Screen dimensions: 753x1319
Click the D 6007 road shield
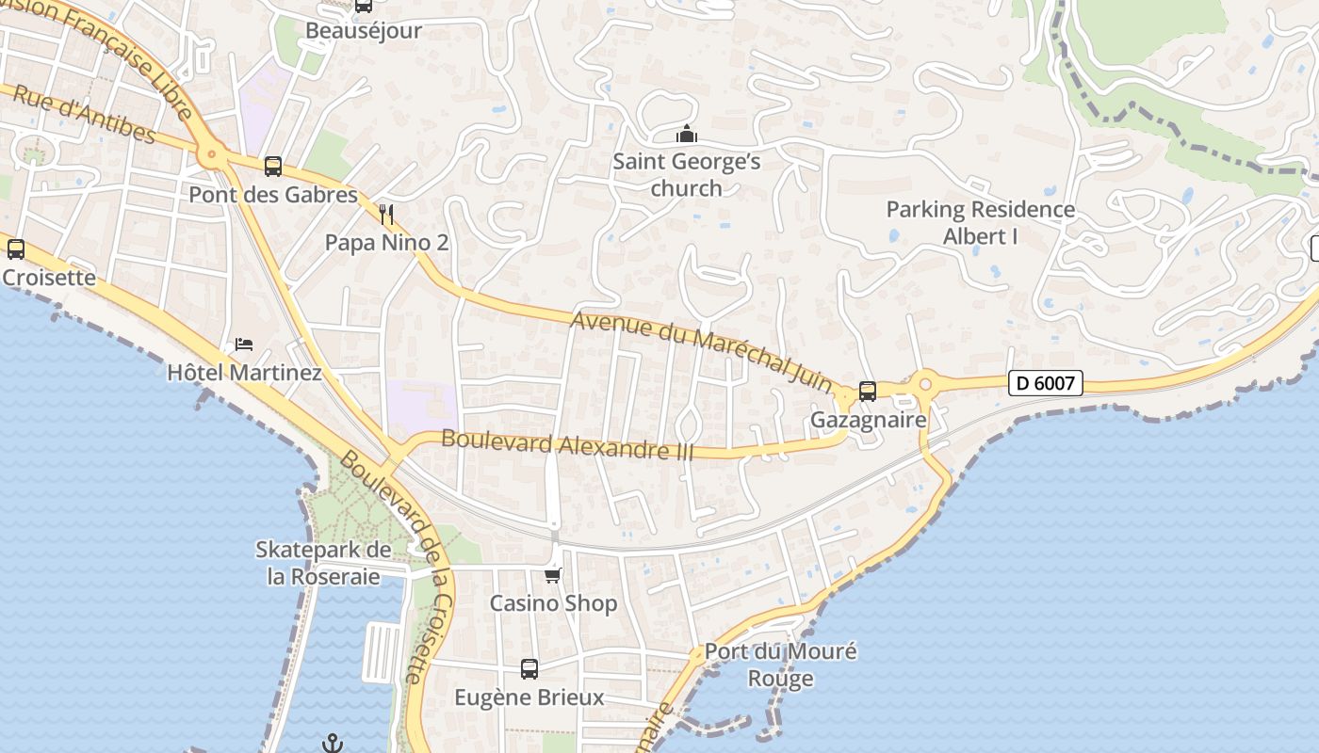click(x=1045, y=383)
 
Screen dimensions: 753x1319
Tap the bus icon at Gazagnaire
click(x=868, y=392)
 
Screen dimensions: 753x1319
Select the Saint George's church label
click(x=686, y=175)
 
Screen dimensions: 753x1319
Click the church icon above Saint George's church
click(x=687, y=135)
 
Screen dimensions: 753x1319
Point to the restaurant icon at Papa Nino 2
click(x=385, y=214)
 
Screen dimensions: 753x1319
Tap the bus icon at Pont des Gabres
click(x=273, y=167)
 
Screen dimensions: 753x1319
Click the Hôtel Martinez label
click(x=244, y=373)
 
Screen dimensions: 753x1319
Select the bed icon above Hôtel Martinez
click(x=244, y=344)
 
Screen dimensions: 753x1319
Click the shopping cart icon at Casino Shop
click(x=553, y=575)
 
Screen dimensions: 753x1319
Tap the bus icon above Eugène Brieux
click(x=529, y=669)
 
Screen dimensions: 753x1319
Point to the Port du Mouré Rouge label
click(x=780, y=665)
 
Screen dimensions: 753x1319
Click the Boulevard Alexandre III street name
click(x=567, y=444)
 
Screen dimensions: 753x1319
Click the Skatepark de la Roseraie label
click(x=323, y=563)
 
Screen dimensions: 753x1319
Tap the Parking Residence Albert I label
click(x=980, y=222)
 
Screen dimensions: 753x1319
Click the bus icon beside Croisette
click(x=16, y=249)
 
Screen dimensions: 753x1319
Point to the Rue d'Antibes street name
click(x=85, y=114)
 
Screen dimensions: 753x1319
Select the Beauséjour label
click(x=363, y=30)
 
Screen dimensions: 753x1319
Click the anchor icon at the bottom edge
click(x=332, y=744)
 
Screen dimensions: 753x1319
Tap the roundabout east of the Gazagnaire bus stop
click(x=924, y=383)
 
